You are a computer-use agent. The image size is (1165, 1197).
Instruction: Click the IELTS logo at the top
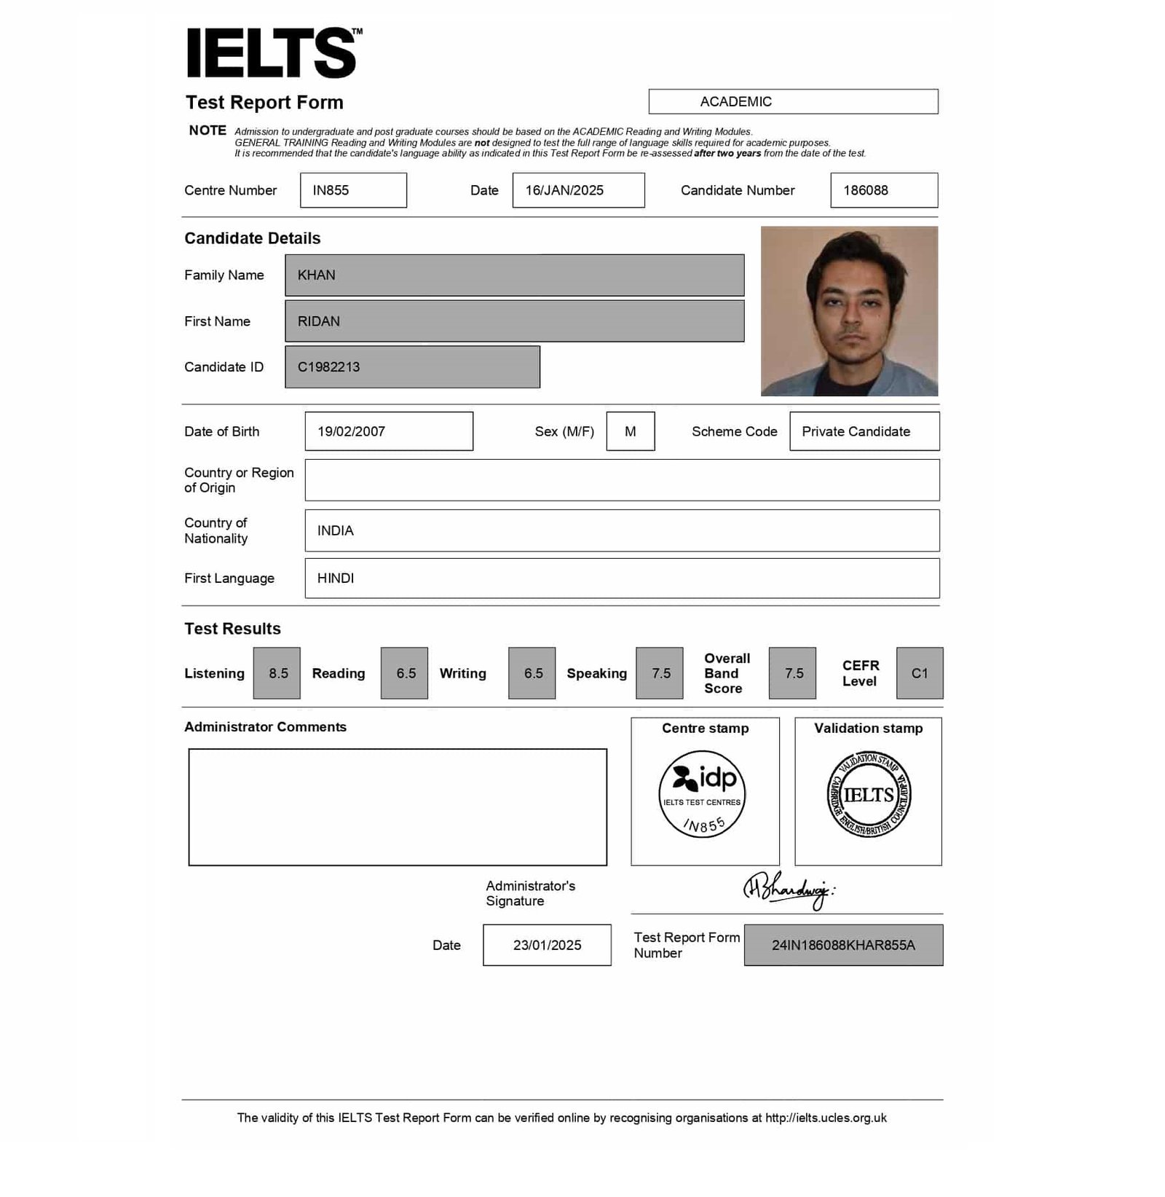pyautogui.click(x=272, y=52)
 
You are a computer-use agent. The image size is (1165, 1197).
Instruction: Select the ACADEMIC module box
pyautogui.click(x=793, y=101)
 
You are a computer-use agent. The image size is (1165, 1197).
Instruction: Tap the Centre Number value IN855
pyautogui.click(x=353, y=190)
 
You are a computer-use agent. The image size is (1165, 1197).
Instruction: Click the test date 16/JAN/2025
pyautogui.click(x=578, y=190)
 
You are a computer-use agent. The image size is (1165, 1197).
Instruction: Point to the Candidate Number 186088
pyautogui.click(x=883, y=190)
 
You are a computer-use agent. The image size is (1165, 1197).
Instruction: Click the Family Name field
pyautogui.click(x=514, y=275)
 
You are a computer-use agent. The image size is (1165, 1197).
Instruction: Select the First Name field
pyautogui.click(x=514, y=321)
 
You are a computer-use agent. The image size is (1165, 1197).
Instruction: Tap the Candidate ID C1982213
pyautogui.click(x=412, y=367)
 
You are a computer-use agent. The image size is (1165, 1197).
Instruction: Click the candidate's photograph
pyautogui.click(x=849, y=311)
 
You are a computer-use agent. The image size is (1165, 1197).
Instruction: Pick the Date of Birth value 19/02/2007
pyautogui.click(x=388, y=431)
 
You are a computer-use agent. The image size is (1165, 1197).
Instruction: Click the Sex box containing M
pyautogui.click(x=631, y=431)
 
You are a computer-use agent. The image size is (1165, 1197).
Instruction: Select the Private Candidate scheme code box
pyautogui.click(x=864, y=431)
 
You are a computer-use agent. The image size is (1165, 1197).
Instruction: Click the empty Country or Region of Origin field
pyautogui.click(x=622, y=480)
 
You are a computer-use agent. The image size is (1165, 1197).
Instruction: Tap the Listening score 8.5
pyautogui.click(x=277, y=673)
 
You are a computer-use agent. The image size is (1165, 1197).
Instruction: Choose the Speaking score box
pyautogui.click(x=660, y=673)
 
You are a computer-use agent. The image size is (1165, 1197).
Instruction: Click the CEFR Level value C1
pyautogui.click(x=920, y=673)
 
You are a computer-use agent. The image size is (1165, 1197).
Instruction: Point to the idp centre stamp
pyautogui.click(x=703, y=794)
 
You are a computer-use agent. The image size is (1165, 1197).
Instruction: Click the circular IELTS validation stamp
pyautogui.click(x=869, y=794)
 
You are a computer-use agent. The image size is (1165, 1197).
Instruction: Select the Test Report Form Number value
pyautogui.click(x=843, y=945)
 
